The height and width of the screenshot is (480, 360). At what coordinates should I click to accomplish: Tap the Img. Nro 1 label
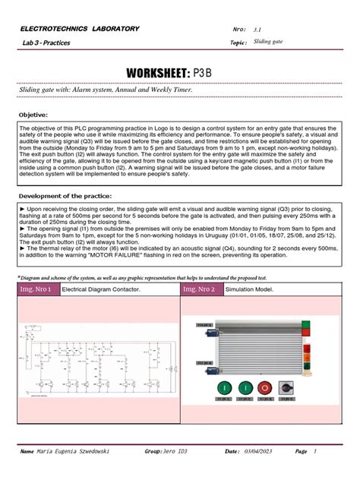38,290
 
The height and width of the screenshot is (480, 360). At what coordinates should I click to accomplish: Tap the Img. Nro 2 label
199,290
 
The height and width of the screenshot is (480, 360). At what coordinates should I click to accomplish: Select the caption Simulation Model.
248,290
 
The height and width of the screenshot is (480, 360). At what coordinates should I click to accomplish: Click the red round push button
264,387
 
